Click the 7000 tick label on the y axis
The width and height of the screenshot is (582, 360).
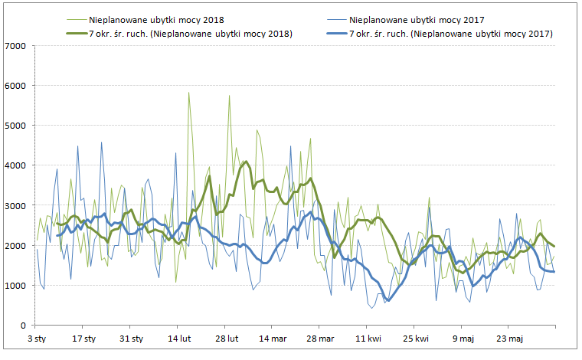click(x=15, y=46)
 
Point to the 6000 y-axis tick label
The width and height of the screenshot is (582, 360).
click(x=15, y=86)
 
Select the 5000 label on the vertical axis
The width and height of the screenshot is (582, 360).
click(x=15, y=126)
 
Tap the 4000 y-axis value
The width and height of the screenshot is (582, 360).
click(x=15, y=165)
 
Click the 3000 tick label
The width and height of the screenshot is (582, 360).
click(x=15, y=205)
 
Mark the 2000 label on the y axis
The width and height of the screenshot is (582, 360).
click(x=15, y=246)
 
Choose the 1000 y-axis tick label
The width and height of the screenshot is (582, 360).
click(x=15, y=286)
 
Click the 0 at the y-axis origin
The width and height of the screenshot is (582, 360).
click(x=23, y=326)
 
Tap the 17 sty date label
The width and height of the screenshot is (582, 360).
click(x=84, y=338)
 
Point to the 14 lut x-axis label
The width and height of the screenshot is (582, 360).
click(x=178, y=338)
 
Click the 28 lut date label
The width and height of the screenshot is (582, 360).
click(x=227, y=338)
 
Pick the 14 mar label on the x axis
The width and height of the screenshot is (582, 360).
click(x=273, y=338)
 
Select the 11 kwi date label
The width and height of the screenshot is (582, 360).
click(x=368, y=338)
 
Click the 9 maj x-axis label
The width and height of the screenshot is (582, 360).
click(x=463, y=338)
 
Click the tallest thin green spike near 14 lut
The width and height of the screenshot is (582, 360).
click(x=188, y=93)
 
